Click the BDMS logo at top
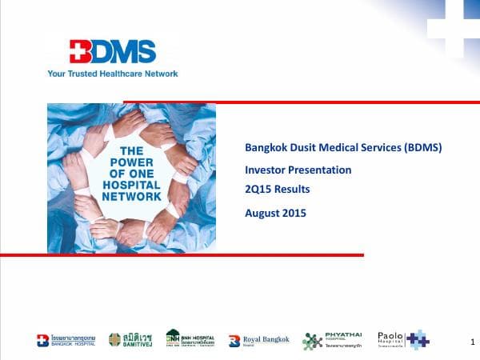[x=112, y=52]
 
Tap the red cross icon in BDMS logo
[x=82, y=51]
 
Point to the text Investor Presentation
[x=298, y=170]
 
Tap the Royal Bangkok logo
[x=257, y=341]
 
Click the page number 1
[x=463, y=342]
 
